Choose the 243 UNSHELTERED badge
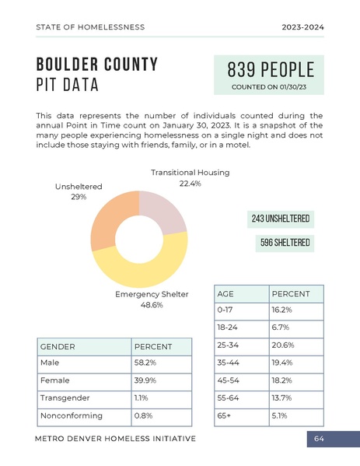click(x=281, y=219)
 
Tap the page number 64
click(x=319, y=440)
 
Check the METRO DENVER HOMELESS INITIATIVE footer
click(x=116, y=440)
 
